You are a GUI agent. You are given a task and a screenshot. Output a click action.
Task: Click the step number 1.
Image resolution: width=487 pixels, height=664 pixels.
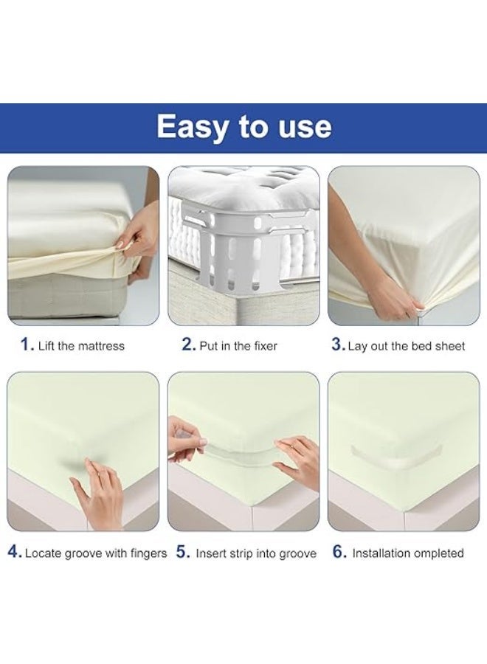coord(27,345)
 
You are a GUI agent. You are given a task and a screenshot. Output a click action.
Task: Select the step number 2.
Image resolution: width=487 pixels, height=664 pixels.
coord(188,345)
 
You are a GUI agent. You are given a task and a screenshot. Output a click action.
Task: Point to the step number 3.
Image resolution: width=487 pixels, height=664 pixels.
coord(338,345)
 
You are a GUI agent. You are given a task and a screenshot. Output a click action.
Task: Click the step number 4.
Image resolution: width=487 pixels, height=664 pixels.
coord(14,553)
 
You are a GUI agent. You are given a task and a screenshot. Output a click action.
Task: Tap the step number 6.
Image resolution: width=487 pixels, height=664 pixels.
coord(339,553)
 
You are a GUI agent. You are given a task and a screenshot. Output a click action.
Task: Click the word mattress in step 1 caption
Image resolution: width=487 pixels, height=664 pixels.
coord(100,345)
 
